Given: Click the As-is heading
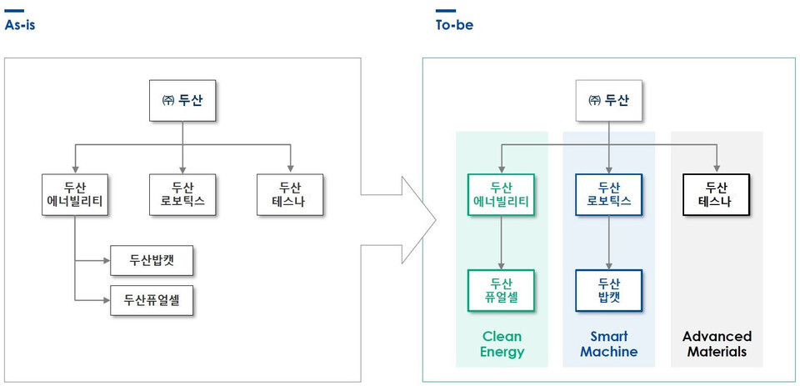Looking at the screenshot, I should click(x=20, y=25).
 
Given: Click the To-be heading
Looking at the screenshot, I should click(x=454, y=25).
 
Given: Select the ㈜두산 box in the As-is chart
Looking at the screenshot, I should click(x=182, y=102).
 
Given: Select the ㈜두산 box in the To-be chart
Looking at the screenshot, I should click(x=608, y=101).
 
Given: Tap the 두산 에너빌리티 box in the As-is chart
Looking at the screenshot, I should click(x=74, y=195).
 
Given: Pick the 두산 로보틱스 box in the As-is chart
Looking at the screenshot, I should click(x=182, y=195).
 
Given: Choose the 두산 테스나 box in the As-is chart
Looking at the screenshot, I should click(x=290, y=195).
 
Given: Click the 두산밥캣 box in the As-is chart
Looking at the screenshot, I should click(x=152, y=261).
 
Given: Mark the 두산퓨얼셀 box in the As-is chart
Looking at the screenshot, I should click(x=152, y=298).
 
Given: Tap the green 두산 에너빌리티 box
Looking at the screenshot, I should click(x=501, y=194).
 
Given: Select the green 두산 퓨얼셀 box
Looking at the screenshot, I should click(x=501, y=290).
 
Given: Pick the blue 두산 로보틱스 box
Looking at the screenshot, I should click(x=608, y=194).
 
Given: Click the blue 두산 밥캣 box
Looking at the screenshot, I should click(x=608, y=290).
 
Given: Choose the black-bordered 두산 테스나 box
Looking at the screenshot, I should click(x=716, y=194).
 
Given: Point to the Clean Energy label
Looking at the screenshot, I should click(x=502, y=344).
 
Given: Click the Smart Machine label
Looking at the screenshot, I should click(x=608, y=344).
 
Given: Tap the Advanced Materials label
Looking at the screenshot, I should click(x=717, y=344).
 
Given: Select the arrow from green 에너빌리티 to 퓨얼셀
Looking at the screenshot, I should click(x=501, y=242).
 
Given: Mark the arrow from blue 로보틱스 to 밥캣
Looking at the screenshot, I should click(x=608, y=242).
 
